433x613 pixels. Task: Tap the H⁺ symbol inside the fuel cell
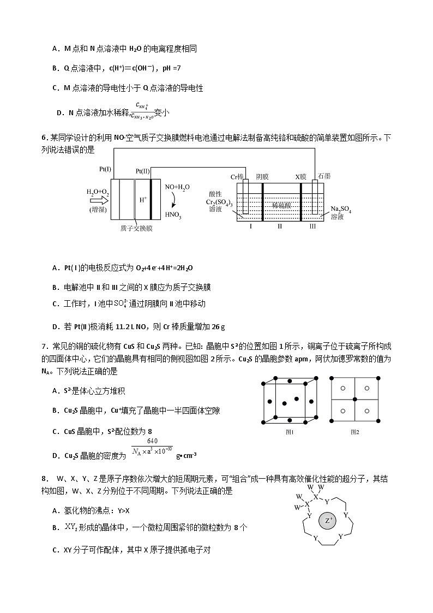[x=143, y=200]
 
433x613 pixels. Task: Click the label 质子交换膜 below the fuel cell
[x=136, y=228]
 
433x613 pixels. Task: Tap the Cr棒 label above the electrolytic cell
[x=237, y=176]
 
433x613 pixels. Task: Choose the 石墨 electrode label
[x=324, y=176]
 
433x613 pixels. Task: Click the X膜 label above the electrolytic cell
[x=301, y=176]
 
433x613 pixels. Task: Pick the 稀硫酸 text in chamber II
[x=281, y=205]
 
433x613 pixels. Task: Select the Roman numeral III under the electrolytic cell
[x=312, y=225]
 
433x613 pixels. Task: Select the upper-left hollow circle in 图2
[x=343, y=388]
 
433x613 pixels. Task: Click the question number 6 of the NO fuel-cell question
[x=44, y=138]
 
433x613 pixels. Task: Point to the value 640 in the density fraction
[x=152, y=441]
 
